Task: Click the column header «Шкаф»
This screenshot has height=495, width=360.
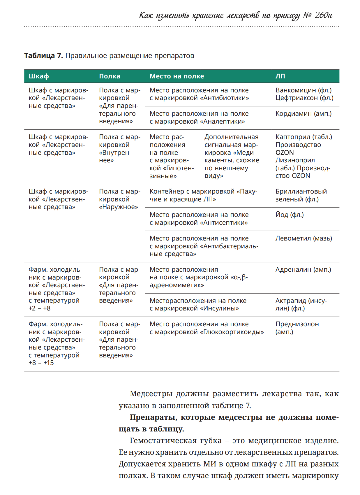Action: tap(39, 76)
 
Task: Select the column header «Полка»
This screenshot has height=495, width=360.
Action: tap(110, 76)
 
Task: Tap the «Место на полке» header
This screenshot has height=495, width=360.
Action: tap(177, 76)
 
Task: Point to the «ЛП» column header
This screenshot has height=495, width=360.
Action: tap(280, 76)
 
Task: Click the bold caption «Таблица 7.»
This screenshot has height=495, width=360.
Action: tap(43, 56)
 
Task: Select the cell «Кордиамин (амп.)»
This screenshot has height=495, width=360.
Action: tap(303, 114)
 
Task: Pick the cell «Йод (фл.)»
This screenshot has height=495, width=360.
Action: tap(290, 215)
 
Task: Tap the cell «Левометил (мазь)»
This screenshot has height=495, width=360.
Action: tap(303, 238)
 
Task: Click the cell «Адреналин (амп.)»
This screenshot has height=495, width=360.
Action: tap(303, 270)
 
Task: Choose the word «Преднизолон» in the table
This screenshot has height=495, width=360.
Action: tap(297, 324)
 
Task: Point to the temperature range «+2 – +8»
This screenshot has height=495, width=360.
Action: tap(40, 308)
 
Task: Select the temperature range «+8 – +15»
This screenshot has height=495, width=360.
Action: tap(41, 363)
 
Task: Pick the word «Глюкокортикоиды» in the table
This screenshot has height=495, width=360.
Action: tap(232, 332)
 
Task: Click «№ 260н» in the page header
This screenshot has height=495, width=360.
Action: tap(318, 15)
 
